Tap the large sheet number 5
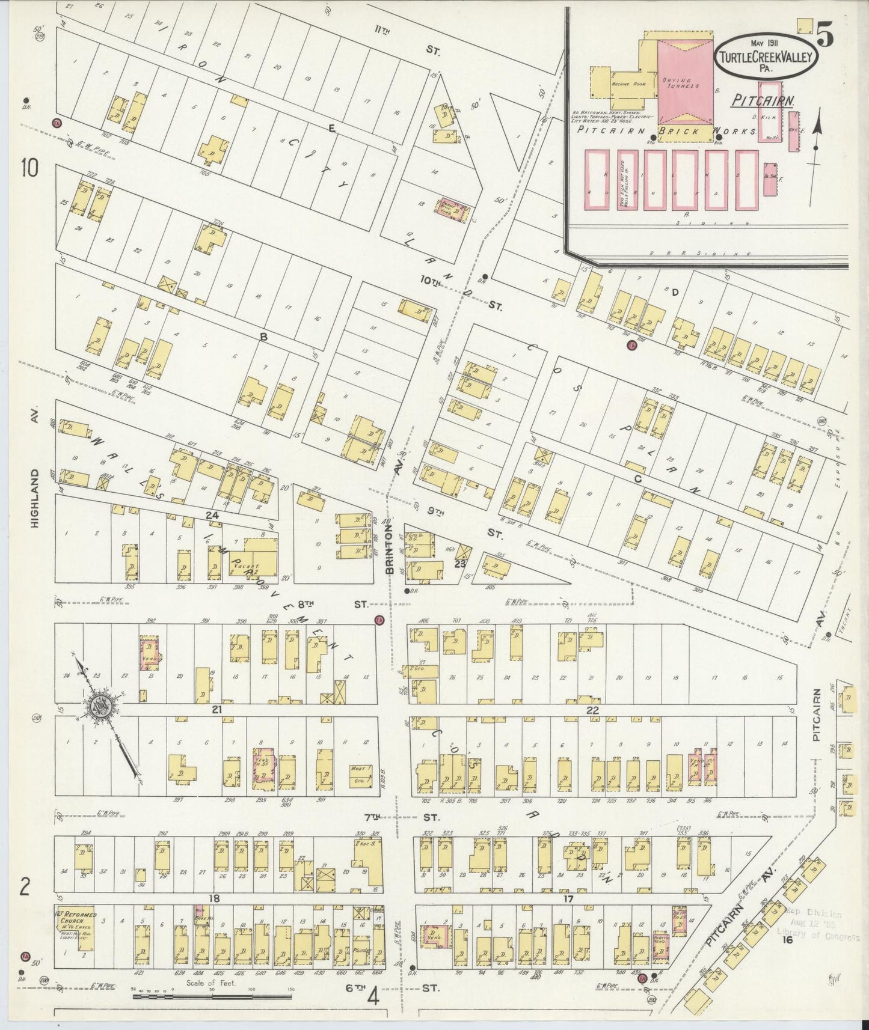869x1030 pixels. pos(824,37)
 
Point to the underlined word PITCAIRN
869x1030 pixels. pos(763,101)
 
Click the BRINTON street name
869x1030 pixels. pos(389,549)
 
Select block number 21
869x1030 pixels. pos(217,710)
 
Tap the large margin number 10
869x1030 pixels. pos(29,168)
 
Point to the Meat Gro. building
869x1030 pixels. pos(361,776)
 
